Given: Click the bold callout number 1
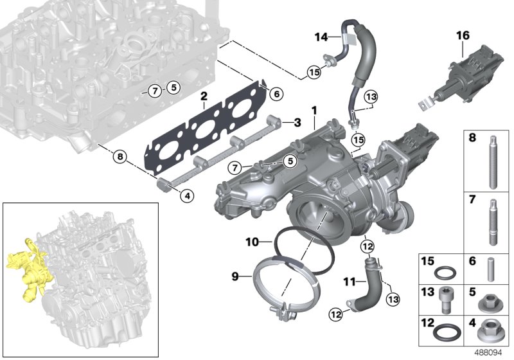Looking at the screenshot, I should pyautogui.click(x=315, y=111).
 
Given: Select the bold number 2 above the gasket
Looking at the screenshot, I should pyautogui.click(x=204, y=97).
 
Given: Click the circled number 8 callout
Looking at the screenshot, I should pyautogui.click(x=118, y=155).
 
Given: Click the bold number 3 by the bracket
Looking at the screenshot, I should pyautogui.click(x=297, y=122).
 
